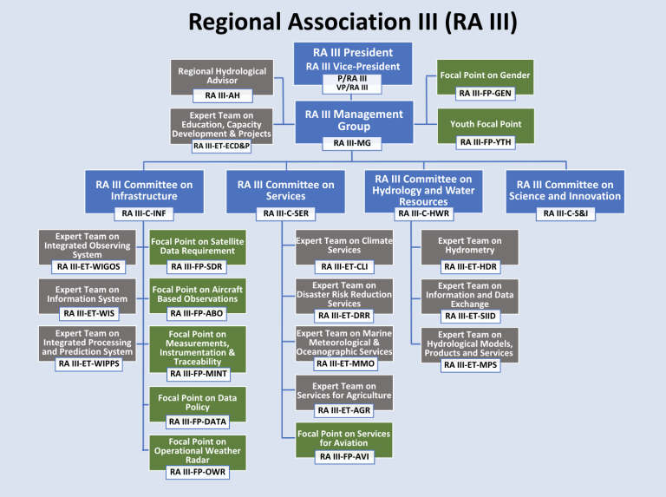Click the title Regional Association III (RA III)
(333, 21)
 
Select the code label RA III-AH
(222, 95)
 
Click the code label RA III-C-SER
(286, 213)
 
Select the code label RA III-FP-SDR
(197, 266)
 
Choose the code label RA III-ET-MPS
(469, 364)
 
